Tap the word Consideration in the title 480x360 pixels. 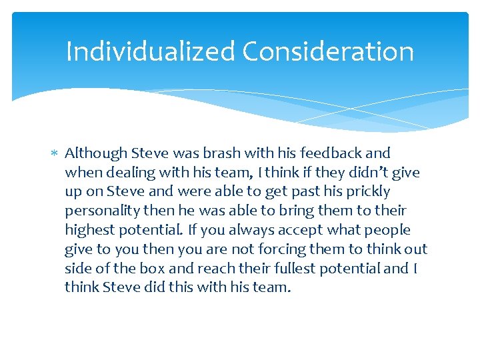click(x=328, y=51)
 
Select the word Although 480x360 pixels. click(x=96, y=153)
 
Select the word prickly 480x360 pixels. click(x=366, y=192)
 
